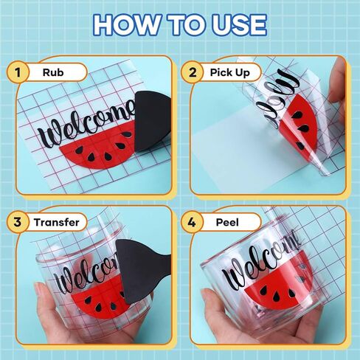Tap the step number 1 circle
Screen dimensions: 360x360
click(18, 72)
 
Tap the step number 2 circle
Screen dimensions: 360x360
click(193, 72)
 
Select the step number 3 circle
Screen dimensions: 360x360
click(18, 222)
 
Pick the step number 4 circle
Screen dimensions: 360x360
click(192, 222)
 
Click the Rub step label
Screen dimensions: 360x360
click(53, 72)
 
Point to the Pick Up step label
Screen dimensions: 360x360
click(230, 73)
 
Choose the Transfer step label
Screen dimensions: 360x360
click(57, 222)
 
